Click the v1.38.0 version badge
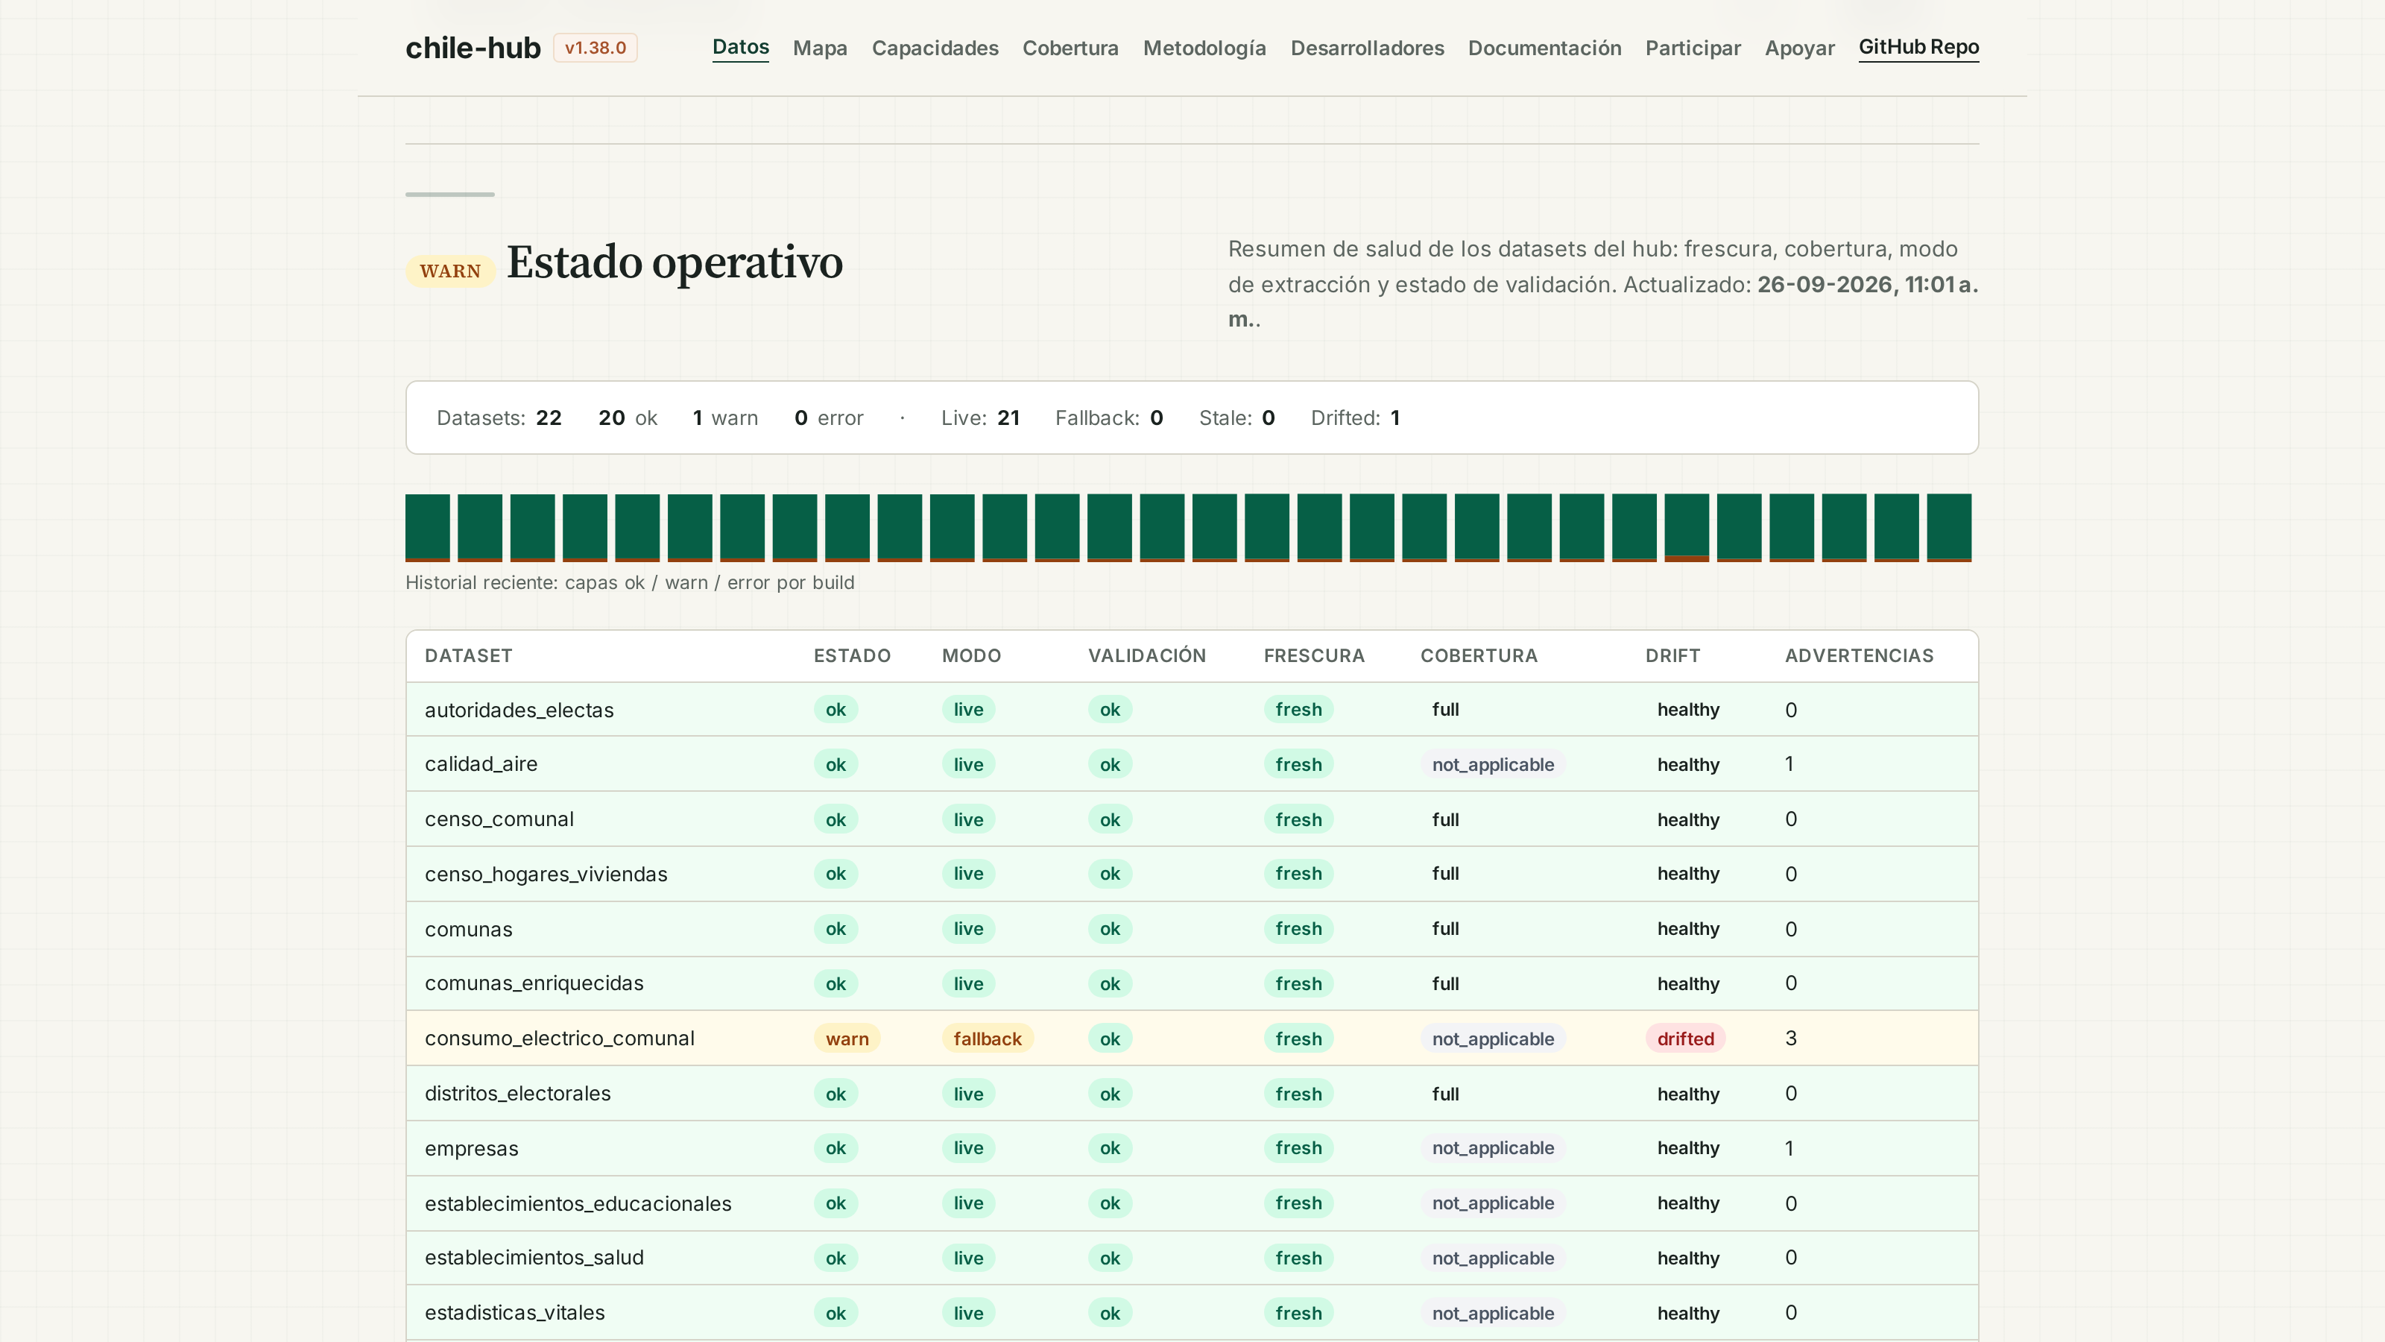(596, 47)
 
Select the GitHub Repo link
(1918, 47)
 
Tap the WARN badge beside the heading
(450, 271)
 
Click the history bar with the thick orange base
(1686, 528)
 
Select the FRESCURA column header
(1314, 656)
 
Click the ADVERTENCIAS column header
(1859, 656)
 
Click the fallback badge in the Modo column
(987, 1039)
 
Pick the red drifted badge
(1685, 1039)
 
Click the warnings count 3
(1790, 1039)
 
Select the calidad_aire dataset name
(481, 764)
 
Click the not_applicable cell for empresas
(1492, 1148)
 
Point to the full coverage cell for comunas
(1444, 929)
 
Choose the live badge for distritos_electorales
(967, 1094)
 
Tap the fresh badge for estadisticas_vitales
(1298, 1313)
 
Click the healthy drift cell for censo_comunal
(1688, 819)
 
